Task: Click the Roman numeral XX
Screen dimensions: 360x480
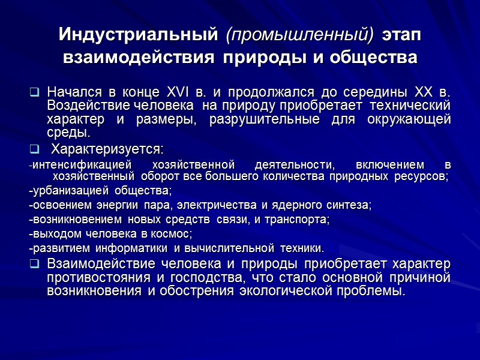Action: coord(425,94)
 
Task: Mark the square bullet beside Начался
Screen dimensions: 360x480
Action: coord(34,94)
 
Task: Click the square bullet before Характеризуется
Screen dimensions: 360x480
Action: coord(34,148)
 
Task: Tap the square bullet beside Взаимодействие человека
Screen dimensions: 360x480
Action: coord(34,265)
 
